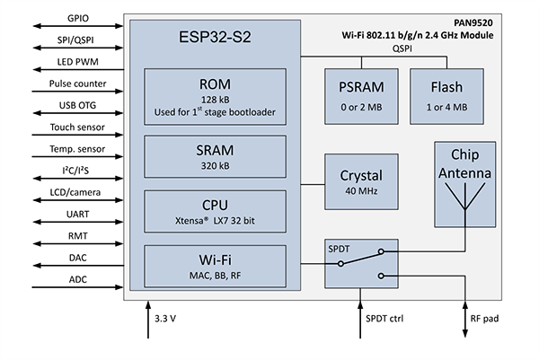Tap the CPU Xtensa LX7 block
click(x=215, y=210)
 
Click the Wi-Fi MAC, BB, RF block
click(x=215, y=266)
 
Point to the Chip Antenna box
click(x=465, y=182)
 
